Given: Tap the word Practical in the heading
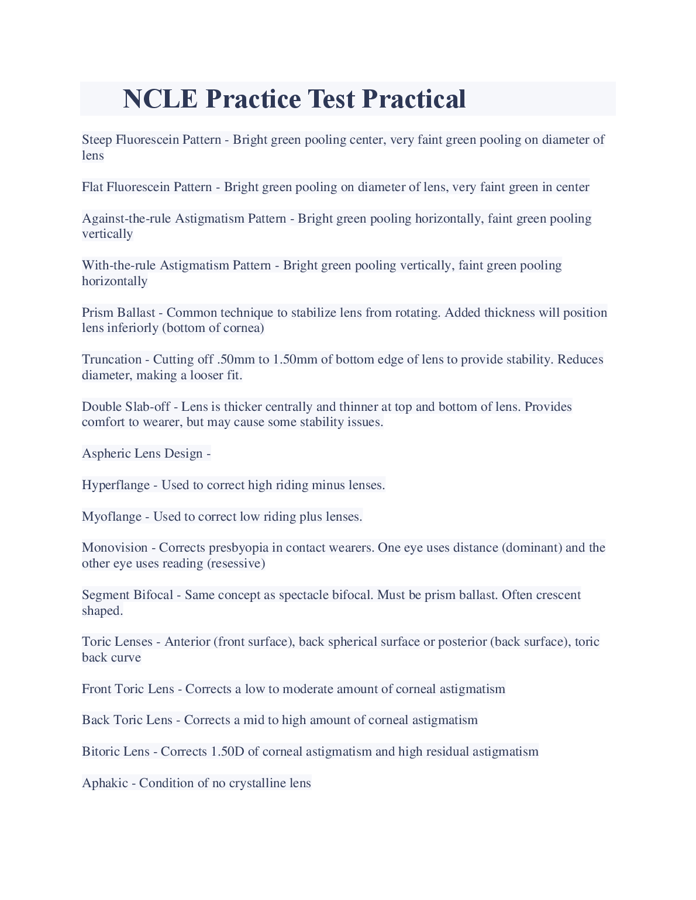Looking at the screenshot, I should point(414,99).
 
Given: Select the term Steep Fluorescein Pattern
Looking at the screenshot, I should point(151,140).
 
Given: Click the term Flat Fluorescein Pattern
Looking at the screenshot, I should point(147,187).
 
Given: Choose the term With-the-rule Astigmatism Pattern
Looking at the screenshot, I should point(177,265).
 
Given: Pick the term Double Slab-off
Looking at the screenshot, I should point(126,407).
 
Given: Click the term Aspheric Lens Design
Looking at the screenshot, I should point(142,454).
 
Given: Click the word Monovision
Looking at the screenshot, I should point(115,548).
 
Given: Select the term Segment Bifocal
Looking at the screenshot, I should point(128,595).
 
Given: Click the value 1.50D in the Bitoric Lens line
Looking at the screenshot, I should point(227,752).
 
